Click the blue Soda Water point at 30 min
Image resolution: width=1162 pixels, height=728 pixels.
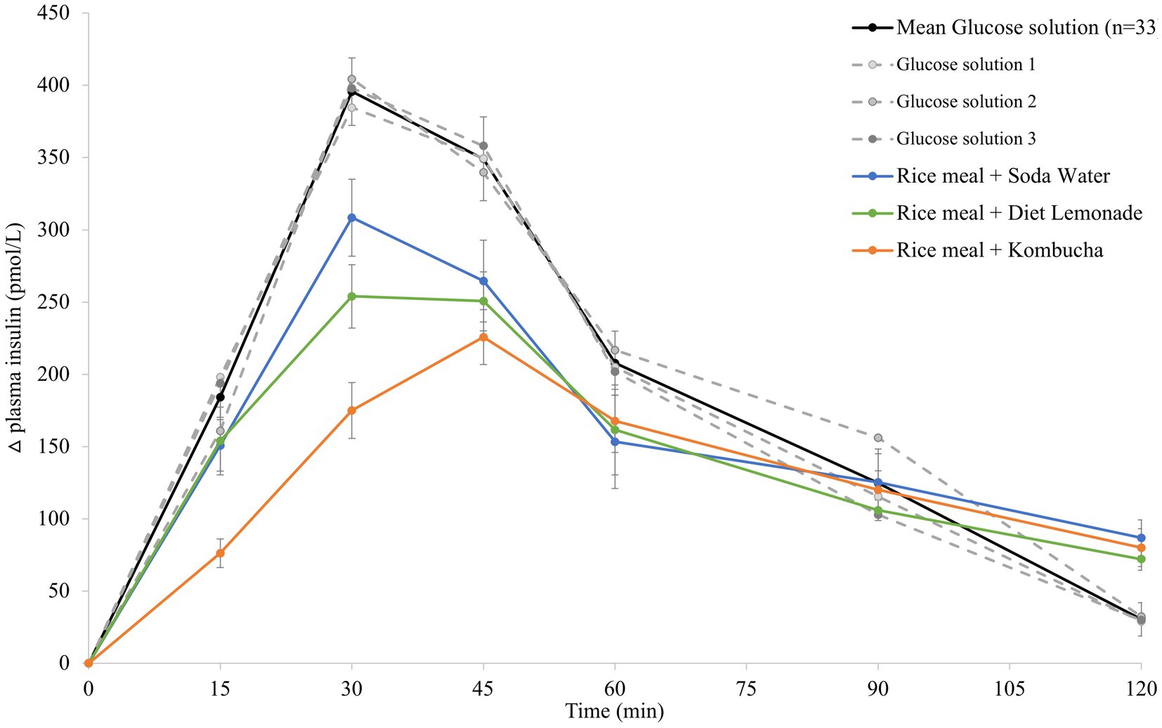pyautogui.click(x=352, y=218)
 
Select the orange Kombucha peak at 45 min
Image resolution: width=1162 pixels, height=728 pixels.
pyautogui.click(x=483, y=337)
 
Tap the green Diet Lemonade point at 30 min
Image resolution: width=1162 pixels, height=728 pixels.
pyautogui.click(x=352, y=297)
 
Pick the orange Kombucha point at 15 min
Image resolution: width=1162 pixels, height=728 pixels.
pyautogui.click(x=220, y=553)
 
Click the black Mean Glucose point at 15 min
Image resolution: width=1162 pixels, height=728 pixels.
pyautogui.click(x=220, y=397)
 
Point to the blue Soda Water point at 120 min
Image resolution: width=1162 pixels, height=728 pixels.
pyautogui.click(x=1141, y=538)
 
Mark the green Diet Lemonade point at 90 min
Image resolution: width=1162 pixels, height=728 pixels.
pyautogui.click(x=878, y=510)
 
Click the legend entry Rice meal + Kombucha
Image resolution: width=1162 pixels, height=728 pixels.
pyautogui.click(x=999, y=250)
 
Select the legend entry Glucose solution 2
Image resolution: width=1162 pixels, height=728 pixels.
pyautogui.click(x=966, y=102)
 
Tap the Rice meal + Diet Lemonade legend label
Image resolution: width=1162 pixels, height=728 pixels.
pyautogui.click(x=1019, y=213)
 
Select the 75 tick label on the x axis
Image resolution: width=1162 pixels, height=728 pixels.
pyautogui.click(x=746, y=689)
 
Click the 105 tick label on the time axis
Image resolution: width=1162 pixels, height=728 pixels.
pyautogui.click(x=1009, y=689)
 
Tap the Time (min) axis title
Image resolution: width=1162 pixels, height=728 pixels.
pyautogui.click(x=614, y=712)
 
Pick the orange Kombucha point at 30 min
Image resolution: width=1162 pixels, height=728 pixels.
pyautogui.click(x=352, y=410)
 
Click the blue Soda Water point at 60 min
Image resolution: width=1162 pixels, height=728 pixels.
pyautogui.click(x=615, y=442)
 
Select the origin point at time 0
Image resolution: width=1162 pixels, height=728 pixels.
pyautogui.click(x=89, y=663)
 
